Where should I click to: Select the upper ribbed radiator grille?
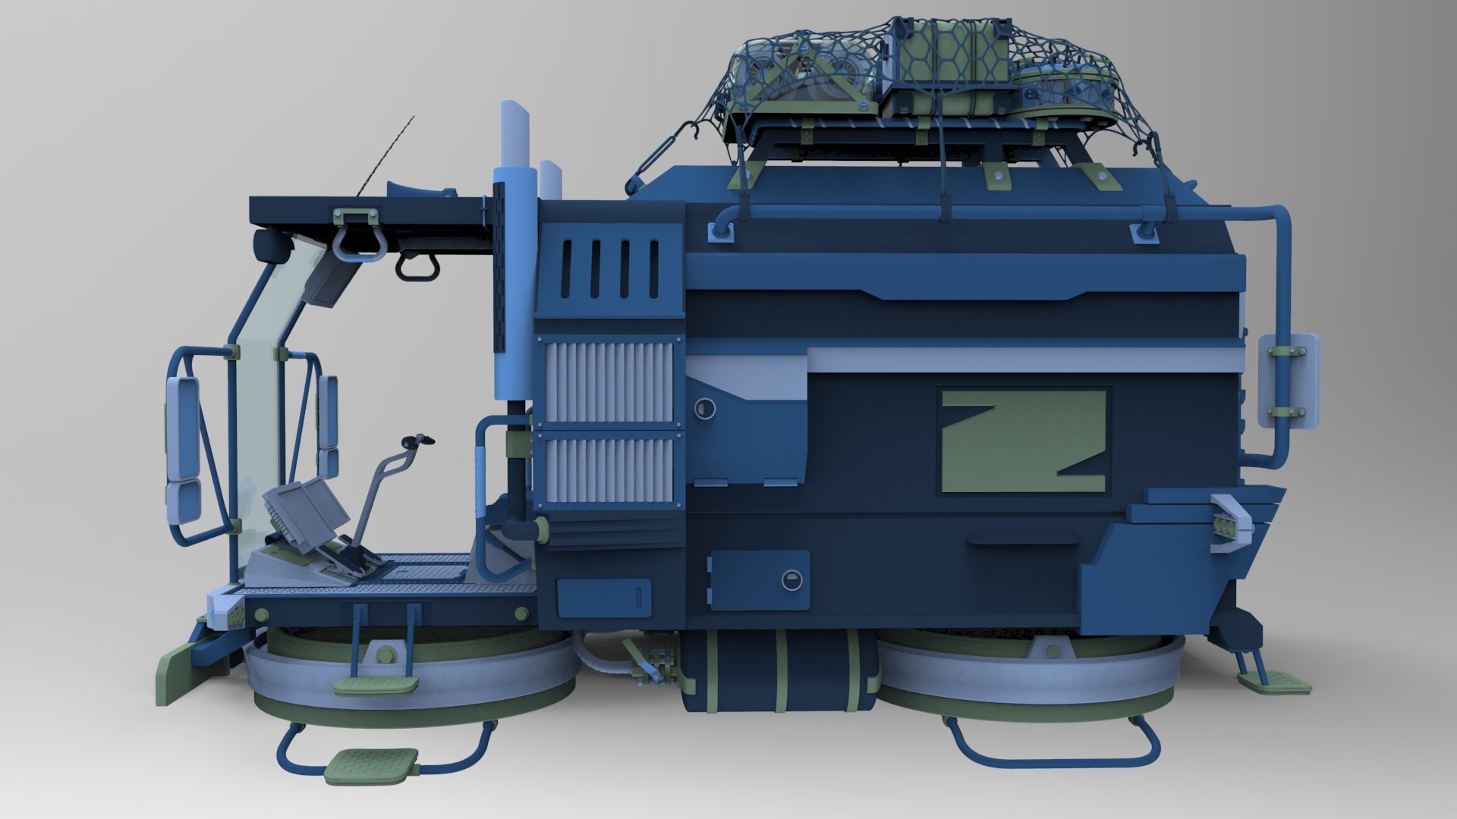tap(609, 381)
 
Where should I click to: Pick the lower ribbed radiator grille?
tap(609, 470)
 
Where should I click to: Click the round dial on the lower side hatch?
tap(791, 580)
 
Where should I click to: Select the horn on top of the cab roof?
tap(417, 194)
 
